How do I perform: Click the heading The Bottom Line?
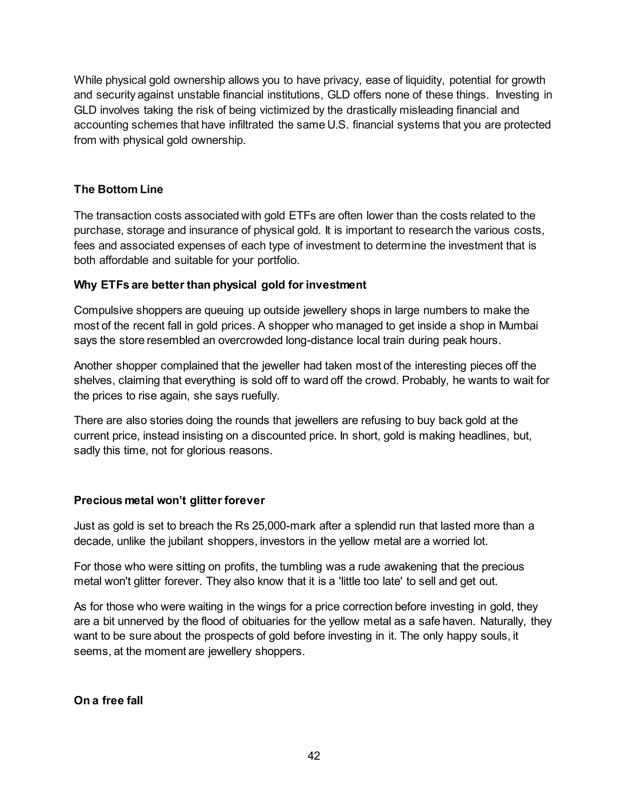click(x=118, y=189)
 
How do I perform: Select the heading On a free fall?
click(x=108, y=700)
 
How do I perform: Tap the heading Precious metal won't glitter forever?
click(x=169, y=500)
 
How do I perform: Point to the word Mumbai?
click(x=518, y=326)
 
